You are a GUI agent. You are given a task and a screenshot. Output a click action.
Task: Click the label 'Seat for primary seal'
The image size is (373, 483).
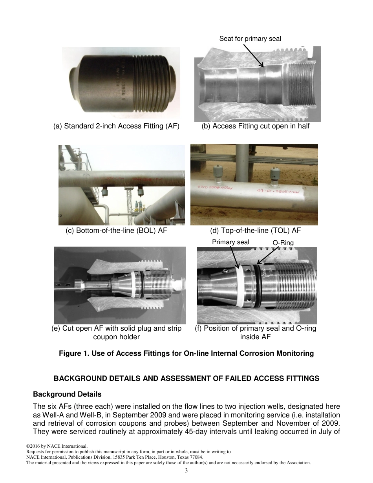250,38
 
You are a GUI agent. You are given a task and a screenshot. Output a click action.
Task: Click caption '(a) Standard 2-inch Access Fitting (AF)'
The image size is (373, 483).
116,126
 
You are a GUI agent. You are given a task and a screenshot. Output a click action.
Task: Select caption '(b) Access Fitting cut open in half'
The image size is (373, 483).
256,126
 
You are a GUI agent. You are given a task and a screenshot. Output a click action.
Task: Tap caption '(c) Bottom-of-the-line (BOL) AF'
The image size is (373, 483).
116,231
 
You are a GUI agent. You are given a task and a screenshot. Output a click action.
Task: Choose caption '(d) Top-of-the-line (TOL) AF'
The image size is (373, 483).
256,231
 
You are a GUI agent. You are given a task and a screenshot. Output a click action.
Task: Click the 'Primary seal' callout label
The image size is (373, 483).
230,242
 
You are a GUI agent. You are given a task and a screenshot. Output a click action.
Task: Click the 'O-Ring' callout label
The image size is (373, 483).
283,243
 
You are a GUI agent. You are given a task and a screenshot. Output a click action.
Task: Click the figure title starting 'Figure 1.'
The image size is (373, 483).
186,353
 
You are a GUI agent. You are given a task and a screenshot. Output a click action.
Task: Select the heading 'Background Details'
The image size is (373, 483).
67,394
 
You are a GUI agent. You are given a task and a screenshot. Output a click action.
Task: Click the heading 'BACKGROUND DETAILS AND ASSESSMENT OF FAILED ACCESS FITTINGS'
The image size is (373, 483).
186,379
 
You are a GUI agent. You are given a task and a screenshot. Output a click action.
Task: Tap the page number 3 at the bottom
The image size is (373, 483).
186,471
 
